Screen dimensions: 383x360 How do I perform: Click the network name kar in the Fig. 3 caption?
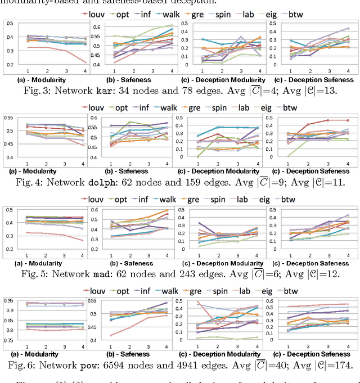pos(113,88)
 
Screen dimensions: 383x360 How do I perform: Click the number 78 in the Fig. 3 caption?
pos(186,88)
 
